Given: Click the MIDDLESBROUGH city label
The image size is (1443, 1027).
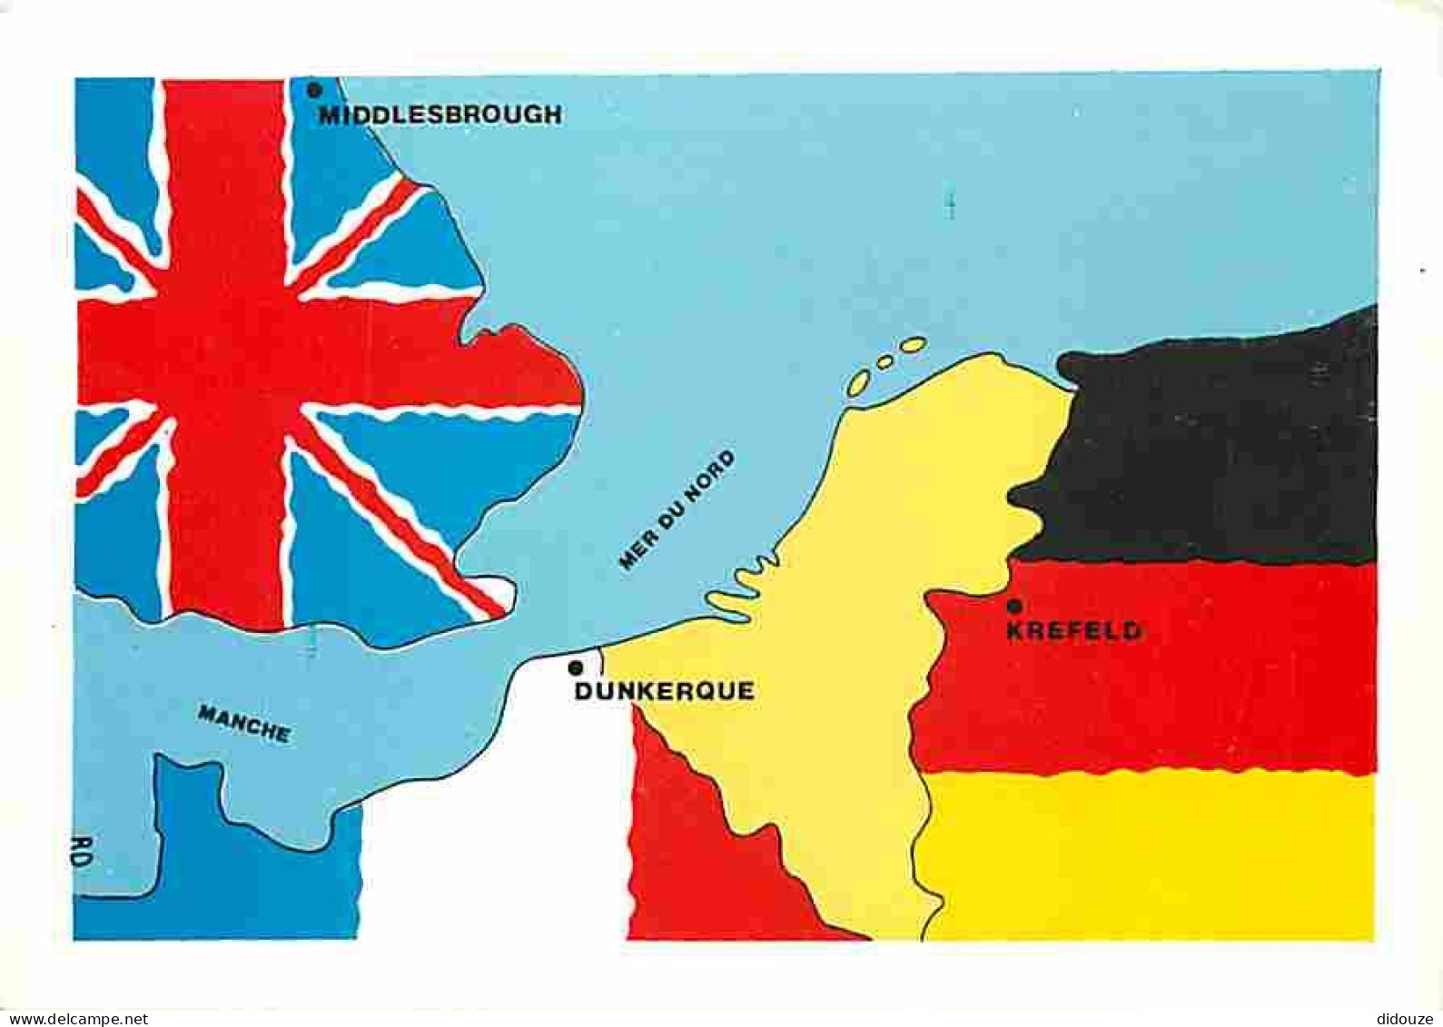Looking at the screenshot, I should (440, 114).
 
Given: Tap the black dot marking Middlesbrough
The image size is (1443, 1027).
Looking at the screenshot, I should (314, 90).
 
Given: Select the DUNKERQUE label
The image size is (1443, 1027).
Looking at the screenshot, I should (665, 691).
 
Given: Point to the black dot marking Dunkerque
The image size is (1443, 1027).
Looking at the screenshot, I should (575, 668).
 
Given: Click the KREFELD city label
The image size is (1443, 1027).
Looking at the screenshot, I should (1074, 630).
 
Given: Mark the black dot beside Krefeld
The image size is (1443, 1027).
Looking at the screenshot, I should (1014, 606).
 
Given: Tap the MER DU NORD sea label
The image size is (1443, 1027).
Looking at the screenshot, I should (677, 510).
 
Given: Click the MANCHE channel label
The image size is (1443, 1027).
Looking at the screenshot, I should (244, 724).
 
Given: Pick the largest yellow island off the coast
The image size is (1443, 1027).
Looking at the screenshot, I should (912, 345).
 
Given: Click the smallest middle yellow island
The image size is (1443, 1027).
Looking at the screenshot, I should (884, 361).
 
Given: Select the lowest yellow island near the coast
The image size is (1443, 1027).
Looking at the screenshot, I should (858, 382).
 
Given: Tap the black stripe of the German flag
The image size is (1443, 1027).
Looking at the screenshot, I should (1217, 445).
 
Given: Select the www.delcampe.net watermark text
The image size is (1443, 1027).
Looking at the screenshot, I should (74, 1019).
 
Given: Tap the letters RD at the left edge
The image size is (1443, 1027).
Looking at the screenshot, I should (82, 854).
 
